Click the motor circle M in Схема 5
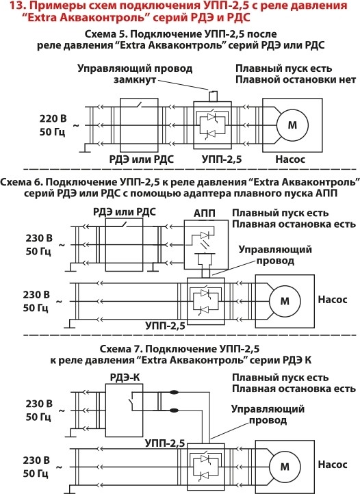[x=292, y=125]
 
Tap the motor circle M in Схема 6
[x=285, y=301]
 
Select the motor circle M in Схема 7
[x=285, y=466]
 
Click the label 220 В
[x=53, y=118]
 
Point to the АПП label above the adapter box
[x=204, y=213]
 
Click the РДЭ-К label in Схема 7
[x=125, y=377]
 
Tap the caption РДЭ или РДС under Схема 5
[x=142, y=159]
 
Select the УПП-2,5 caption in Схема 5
[x=222, y=159]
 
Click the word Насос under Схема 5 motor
[x=290, y=159]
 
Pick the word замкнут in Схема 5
[x=135, y=79]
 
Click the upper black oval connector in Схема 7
[x=174, y=393]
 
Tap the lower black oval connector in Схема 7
[x=174, y=411]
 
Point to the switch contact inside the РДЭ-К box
[x=130, y=402]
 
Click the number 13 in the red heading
[x=15, y=5]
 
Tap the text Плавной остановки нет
[x=296, y=79]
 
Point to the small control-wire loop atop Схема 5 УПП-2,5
[x=213, y=96]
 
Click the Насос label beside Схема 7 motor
[x=333, y=465]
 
